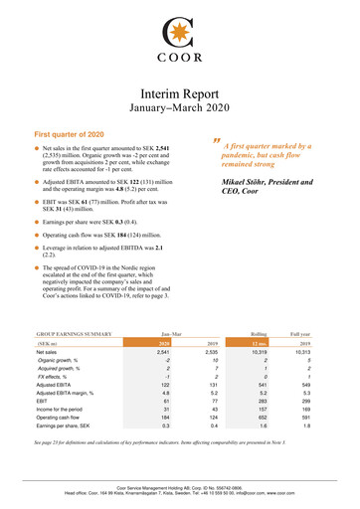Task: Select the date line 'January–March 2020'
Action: pyautogui.click(x=179, y=107)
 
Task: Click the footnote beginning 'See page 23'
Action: pyautogui.click(x=179, y=466)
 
